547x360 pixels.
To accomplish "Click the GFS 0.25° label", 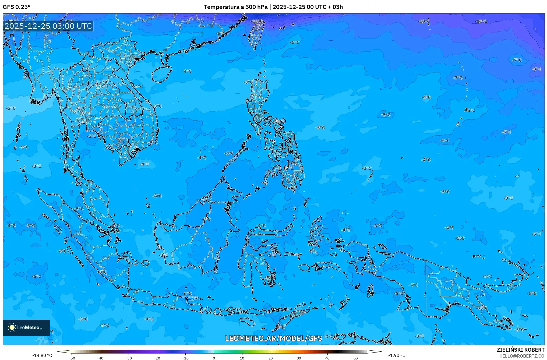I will click(x=16, y=7).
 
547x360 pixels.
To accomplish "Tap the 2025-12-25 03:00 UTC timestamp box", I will click(x=48, y=26).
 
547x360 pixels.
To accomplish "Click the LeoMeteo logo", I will click(x=26, y=327).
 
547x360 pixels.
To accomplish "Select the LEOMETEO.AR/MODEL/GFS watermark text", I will click(x=273, y=338).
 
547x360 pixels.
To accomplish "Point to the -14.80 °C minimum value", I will click(x=42, y=355).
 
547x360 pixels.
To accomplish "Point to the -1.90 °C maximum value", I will click(x=397, y=355).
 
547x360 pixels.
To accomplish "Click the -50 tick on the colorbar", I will click(x=72, y=358).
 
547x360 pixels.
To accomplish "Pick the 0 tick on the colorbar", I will click(x=214, y=358).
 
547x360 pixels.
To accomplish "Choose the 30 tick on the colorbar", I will click(x=299, y=358).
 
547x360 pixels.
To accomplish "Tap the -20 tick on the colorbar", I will click(x=157, y=358).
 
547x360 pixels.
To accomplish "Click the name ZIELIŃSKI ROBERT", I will click(x=520, y=350).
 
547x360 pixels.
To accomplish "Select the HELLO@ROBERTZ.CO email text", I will click(x=522, y=356).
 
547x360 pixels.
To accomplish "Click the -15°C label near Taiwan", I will click(x=256, y=21).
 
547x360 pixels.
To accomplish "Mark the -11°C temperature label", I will click(x=481, y=21).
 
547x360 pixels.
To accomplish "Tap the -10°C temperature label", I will click(x=424, y=21).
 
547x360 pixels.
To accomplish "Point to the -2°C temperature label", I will click(x=11, y=108).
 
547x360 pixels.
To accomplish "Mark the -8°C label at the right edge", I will click(x=536, y=69).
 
